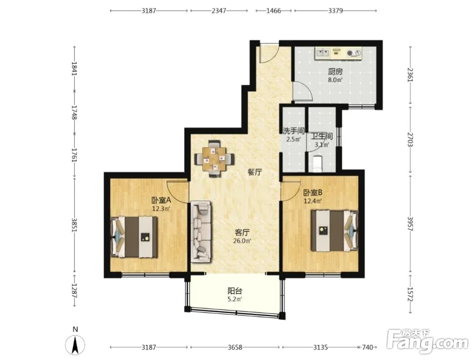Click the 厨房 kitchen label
[x=335, y=72]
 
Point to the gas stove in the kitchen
[x=354, y=53]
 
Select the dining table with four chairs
[x=214, y=158]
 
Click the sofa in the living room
[x=201, y=232]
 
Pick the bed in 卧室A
[x=134, y=237]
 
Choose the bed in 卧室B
[x=334, y=231]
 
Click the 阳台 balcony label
[x=235, y=291]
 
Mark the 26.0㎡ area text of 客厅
[x=242, y=241]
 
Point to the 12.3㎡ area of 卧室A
[x=161, y=209]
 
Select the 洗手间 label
[x=293, y=131]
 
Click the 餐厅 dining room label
[x=255, y=172]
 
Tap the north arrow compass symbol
[x=75, y=345]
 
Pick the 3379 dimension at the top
[x=335, y=11]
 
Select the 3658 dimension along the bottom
[x=235, y=347]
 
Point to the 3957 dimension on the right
[x=411, y=224]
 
